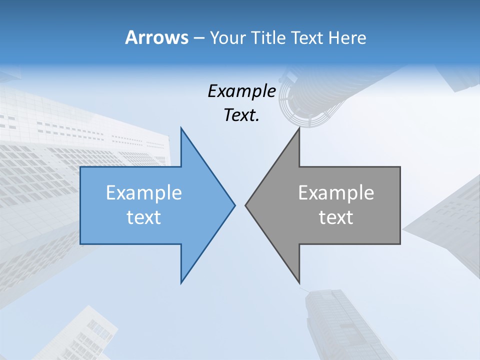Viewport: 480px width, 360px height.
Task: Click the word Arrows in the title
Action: point(156,37)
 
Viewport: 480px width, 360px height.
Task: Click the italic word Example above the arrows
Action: point(241,91)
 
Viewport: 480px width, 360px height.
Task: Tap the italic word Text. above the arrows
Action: point(241,115)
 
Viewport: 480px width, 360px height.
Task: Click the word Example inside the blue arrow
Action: point(144,192)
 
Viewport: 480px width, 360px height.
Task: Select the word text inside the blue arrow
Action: point(144,217)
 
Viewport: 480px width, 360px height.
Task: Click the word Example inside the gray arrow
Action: point(336,192)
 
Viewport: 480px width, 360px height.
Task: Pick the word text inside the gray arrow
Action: point(336,217)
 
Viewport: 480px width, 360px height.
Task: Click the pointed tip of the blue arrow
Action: point(234,205)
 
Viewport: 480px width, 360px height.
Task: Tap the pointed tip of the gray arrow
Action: point(246,205)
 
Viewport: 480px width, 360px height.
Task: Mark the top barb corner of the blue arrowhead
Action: point(181,127)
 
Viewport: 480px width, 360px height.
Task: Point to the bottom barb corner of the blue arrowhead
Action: point(181,283)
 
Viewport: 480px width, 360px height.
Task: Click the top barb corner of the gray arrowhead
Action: point(299,127)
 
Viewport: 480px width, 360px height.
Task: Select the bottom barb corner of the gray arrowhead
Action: point(299,283)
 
